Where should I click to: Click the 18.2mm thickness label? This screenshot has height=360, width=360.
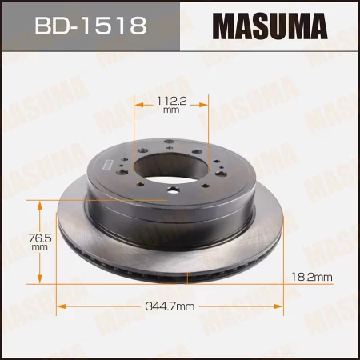311,277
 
